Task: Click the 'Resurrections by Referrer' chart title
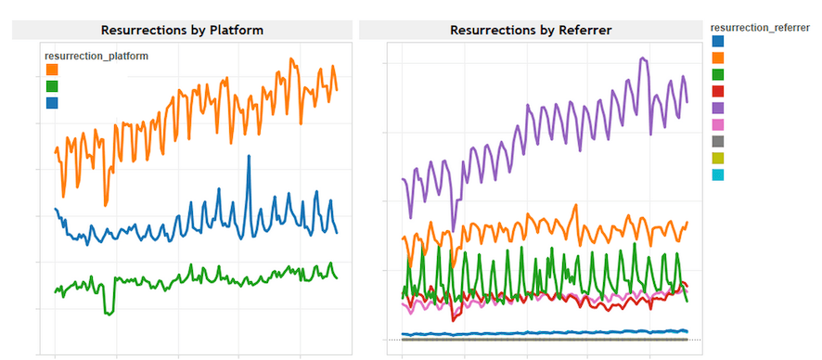pos(530,30)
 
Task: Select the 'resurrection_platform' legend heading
pos(96,57)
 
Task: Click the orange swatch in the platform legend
pos(51,71)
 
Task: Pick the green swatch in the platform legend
pos(51,86)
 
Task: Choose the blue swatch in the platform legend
pos(51,103)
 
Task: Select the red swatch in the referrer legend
pos(717,91)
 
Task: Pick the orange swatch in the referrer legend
pos(717,58)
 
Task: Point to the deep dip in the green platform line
pos(109,313)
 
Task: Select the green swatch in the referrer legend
pos(717,74)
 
